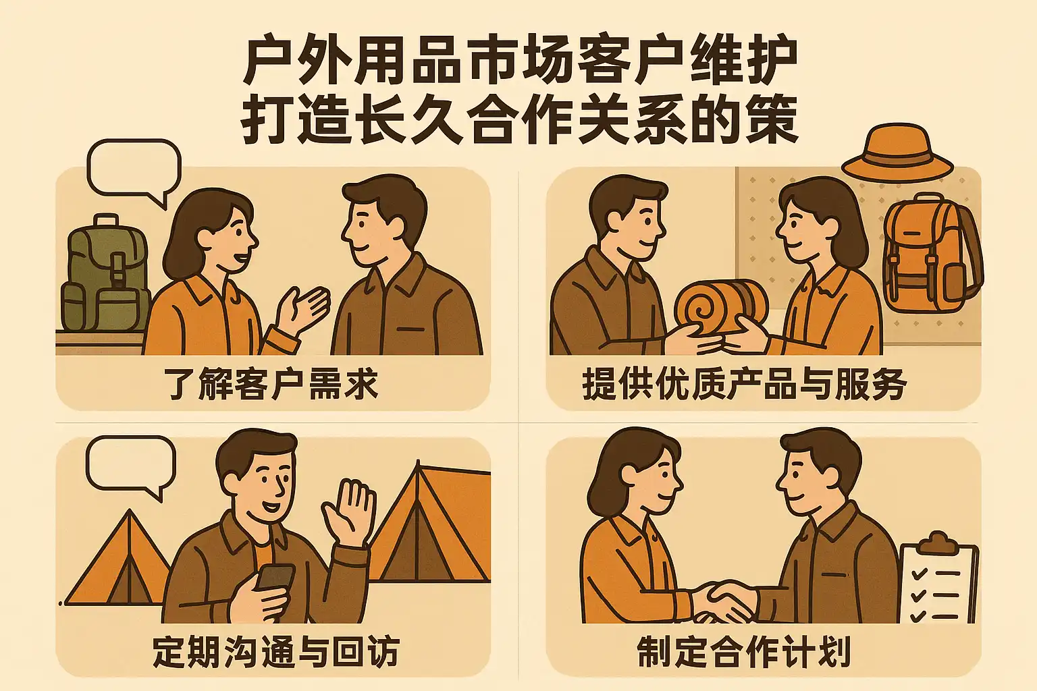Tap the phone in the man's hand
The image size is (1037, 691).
pyautogui.click(x=275, y=585)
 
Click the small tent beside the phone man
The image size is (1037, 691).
pyautogui.click(x=117, y=557)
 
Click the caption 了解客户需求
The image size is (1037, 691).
pyautogui.click(x=273, y=384)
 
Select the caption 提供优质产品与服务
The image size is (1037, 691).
pyautogui.click(x=744, y=384)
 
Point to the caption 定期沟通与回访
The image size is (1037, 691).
pyautogui.click(x=276, y=651)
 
